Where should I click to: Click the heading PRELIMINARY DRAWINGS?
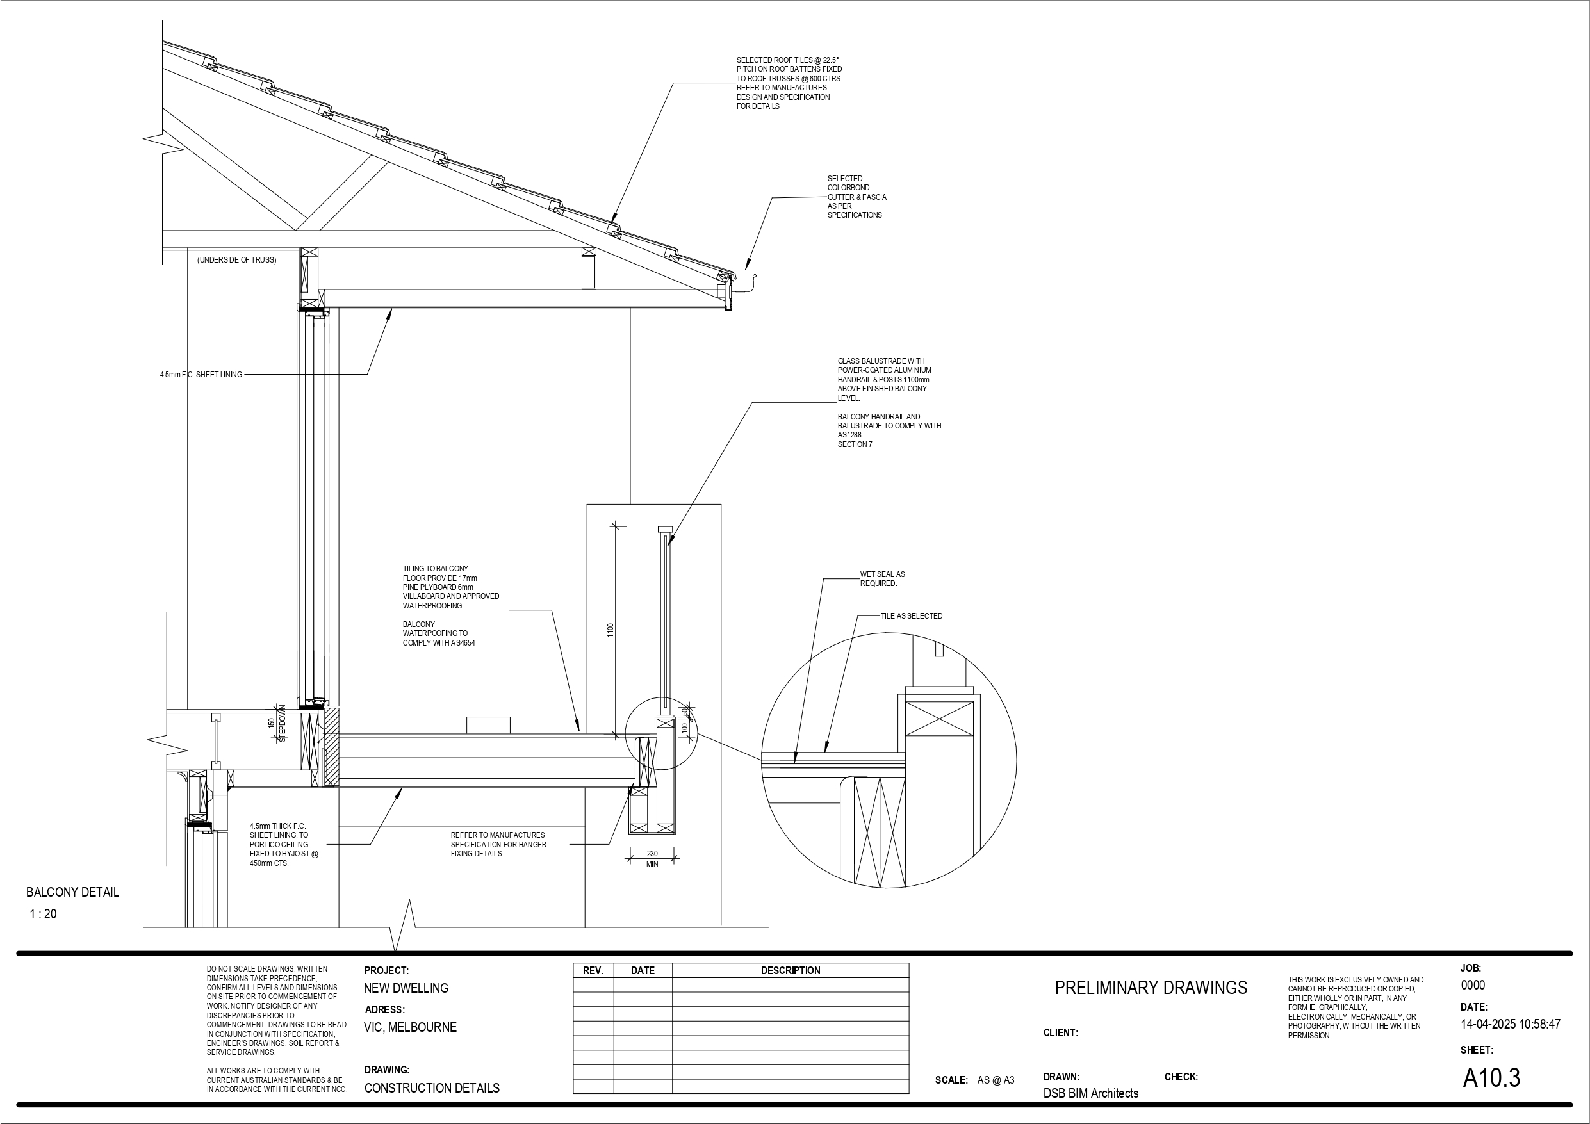(1151, 988)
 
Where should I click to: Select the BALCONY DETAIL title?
(73, 892)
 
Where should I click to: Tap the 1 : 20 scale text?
(43, 914)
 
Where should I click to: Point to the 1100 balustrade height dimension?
(610, 630)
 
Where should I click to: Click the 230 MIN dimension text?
(652, 859)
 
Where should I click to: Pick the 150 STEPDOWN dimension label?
(276, 724)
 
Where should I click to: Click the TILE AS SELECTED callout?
(912, 615)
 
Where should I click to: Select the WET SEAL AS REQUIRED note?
(882, 579)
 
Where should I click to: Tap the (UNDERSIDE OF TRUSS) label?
(237, 259)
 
